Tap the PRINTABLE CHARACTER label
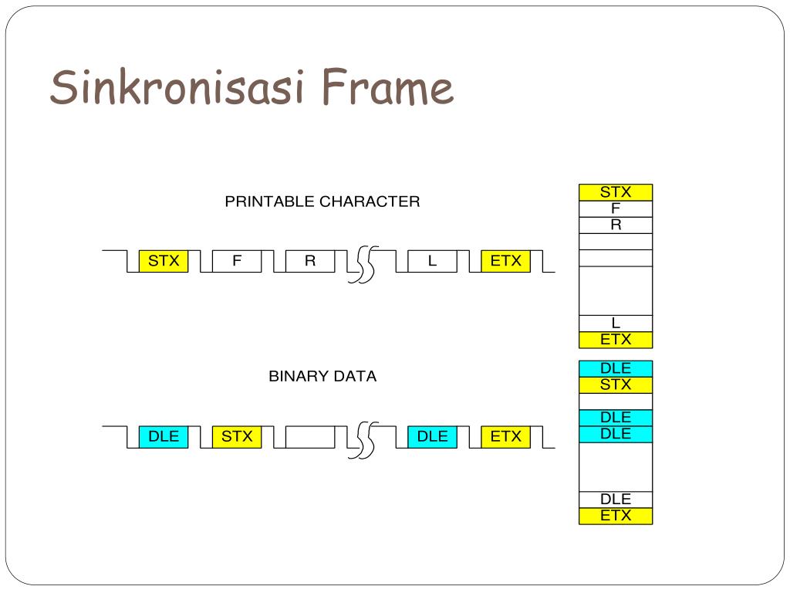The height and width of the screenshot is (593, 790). click(x=322, y=202)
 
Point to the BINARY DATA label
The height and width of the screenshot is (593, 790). click(x=322, y=377)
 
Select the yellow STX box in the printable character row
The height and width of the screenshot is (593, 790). click(x=164, y=261)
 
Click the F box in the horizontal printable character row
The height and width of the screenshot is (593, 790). click(x=237, y=261)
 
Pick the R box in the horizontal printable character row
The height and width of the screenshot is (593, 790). click(x=310, y=261)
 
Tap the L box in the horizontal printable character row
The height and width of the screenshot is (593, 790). click(x=432, y=261)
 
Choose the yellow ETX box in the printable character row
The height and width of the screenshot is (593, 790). click(x=505, y=261)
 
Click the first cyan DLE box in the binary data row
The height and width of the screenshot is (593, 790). click(x=164, y=436)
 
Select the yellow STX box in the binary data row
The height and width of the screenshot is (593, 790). click(x=237, y=436)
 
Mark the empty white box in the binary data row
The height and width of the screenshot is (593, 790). click(x=310, y=436)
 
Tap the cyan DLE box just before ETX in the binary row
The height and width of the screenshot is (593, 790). click(x=432, y=436)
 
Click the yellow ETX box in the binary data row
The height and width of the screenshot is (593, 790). click(x=505, y=436)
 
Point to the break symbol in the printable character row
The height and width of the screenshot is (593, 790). click(x=363, y=264)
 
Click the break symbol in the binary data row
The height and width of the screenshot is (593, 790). click(x=363, y=439)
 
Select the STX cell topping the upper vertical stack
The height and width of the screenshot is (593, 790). click(x=616, y=192)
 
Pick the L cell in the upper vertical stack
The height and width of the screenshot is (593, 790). click(x=616, y=324)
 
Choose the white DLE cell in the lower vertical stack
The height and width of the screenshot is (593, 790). click(x=616, y=499)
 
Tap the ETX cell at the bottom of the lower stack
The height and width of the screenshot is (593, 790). click(x=616, y=516)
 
